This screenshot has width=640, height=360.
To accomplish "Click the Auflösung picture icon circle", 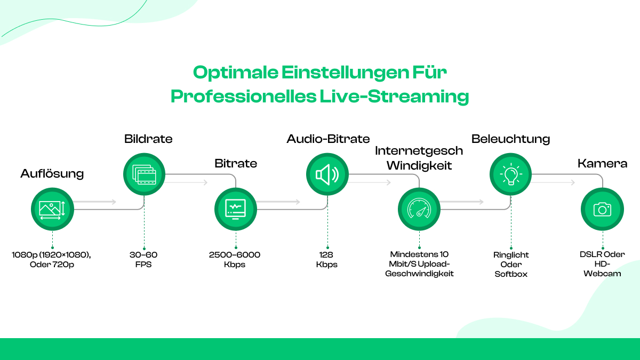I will (x=52, y=209).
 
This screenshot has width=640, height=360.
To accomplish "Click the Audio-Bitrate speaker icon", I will (x=327, y=174).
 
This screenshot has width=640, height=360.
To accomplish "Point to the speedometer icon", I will (x=419, y=209).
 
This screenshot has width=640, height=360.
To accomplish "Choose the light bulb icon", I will (x=511, y=174).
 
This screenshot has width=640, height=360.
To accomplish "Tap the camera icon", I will (x=602, y=209).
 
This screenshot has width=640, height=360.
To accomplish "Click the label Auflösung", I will (x=52, y=173).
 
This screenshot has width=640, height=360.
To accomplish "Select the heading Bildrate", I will (x=148, y=139).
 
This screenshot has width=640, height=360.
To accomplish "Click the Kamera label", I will (x=602, y=163).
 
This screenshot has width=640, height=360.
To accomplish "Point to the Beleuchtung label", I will (x=510, y=139).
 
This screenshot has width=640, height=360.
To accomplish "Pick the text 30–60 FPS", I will (x=143, y=260).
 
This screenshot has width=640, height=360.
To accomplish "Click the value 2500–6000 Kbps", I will (x=235, y=260).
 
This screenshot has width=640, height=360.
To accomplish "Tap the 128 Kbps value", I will (x=326, y=260).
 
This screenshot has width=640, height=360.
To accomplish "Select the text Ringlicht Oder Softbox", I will (x=511, y=265).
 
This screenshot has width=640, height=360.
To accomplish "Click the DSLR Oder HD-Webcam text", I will (x=603, y=264).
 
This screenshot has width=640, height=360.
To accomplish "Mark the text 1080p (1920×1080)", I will (x=51, y=255).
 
